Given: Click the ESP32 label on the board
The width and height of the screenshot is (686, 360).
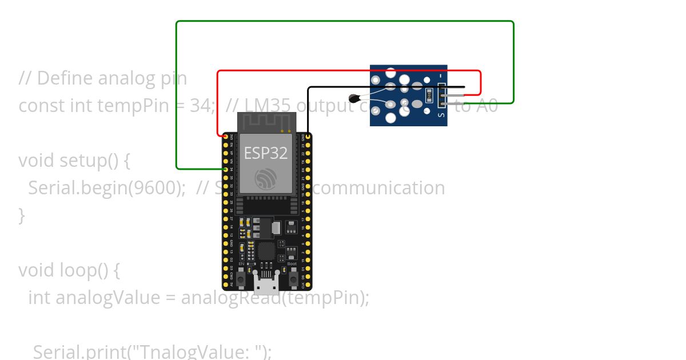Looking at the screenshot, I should pos(266,153).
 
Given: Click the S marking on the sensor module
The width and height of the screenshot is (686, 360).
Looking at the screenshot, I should pos(441,114).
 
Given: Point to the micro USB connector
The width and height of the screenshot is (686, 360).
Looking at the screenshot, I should pos(267,282).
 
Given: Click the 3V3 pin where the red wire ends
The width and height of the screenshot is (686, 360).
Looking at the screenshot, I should pos(225,137).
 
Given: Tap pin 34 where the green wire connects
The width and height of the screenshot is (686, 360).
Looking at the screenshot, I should pos(225,170).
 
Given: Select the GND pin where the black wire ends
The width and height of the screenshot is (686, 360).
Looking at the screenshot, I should pos(308,137).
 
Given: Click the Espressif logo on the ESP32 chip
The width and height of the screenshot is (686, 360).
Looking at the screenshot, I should pos(266,179).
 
